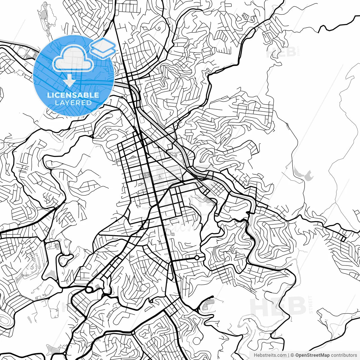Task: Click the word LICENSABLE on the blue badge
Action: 73,95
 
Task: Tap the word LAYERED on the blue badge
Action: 73,103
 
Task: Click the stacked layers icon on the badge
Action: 103,48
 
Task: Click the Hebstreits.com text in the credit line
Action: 270,355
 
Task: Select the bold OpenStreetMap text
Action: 312,355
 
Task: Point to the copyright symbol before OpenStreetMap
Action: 292,355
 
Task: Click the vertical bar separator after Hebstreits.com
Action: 289,355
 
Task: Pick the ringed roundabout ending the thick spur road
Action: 197,258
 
